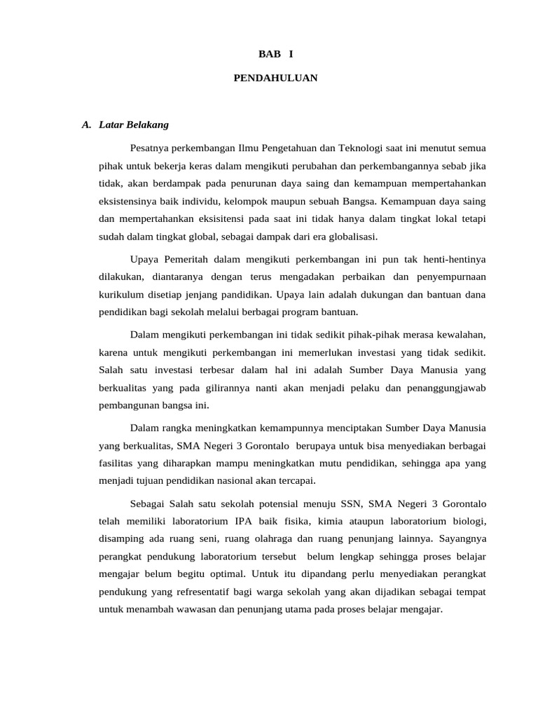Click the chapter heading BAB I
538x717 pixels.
click(x=275, y=54)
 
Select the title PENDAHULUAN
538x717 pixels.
click(x=275, y=78)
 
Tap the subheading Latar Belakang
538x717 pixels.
click(x=134, y=125)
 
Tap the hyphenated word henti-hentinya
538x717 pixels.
click(x=452, y=259)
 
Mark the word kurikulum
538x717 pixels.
click(x=122, y=294)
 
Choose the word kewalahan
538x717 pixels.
click(x=459, y=333)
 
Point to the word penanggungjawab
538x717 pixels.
click(x=447, y=387)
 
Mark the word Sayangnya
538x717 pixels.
click(x=462, y=539)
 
